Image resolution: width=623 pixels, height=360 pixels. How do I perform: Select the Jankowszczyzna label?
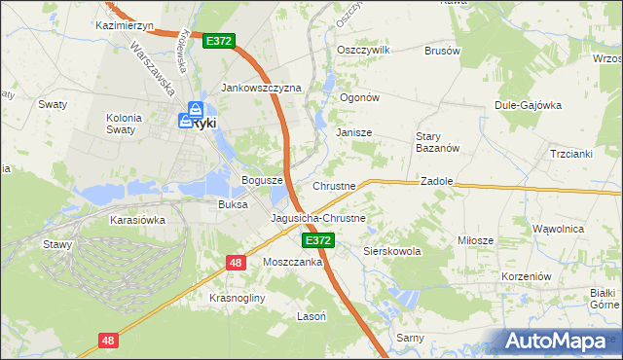pos(262,88)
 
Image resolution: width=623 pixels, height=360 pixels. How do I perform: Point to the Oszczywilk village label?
pos(362,50)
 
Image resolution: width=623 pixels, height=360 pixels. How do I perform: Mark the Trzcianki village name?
pos(571,155)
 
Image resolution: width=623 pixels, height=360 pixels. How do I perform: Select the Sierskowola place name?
pos(391,251)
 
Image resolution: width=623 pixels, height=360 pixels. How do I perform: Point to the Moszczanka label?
pos(292,263)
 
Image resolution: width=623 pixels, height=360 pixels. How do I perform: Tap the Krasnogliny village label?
pos(238,297)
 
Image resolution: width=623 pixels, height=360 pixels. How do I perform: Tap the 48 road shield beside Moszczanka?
pos(237,263)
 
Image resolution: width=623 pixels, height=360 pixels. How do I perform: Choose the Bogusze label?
pos(262,181)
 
